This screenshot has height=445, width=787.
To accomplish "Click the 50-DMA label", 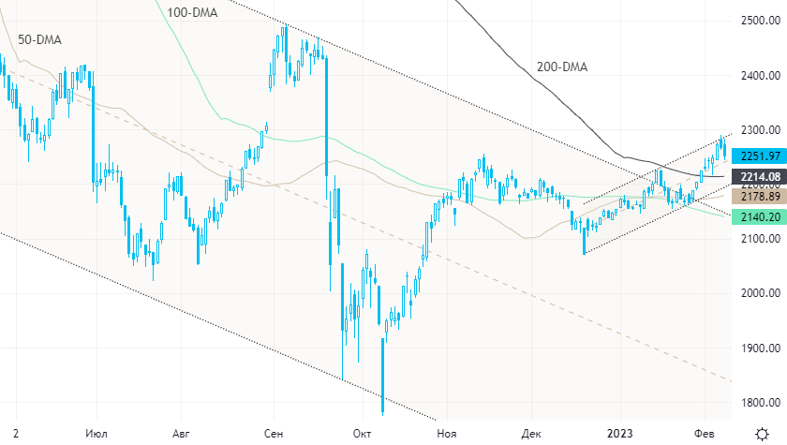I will [38, 41].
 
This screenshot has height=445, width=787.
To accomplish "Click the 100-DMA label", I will [192, 12].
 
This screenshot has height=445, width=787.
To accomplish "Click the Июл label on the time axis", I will [96, 434].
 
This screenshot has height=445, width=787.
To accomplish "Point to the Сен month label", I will [274, 434].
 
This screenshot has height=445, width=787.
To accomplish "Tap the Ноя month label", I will [448, 434].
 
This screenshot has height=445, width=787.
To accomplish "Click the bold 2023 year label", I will [620, 434].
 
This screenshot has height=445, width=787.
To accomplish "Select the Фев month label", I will [702, 434].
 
